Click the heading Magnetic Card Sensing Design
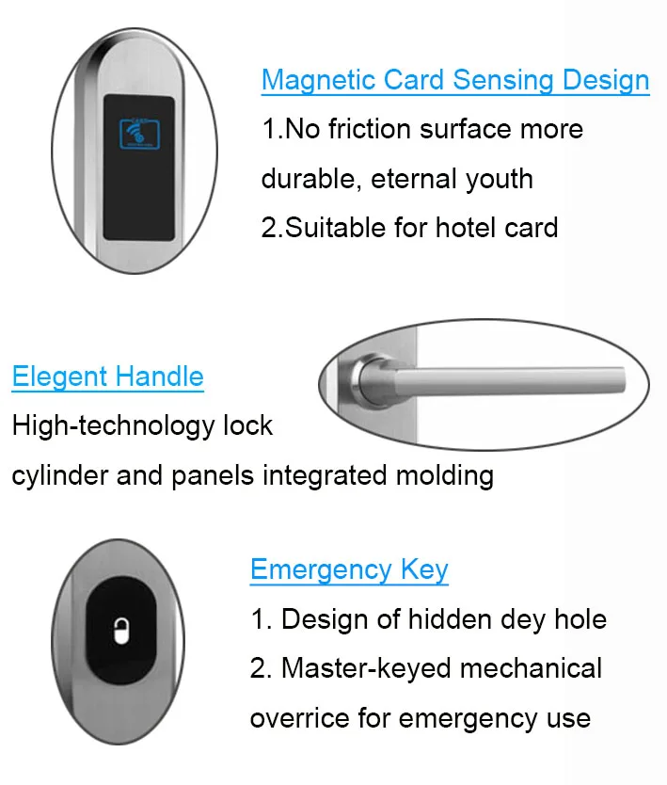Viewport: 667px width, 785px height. coord(455,80)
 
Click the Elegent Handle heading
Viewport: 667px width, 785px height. coord(107,377)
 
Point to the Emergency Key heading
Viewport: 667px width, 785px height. coord(349,569)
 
